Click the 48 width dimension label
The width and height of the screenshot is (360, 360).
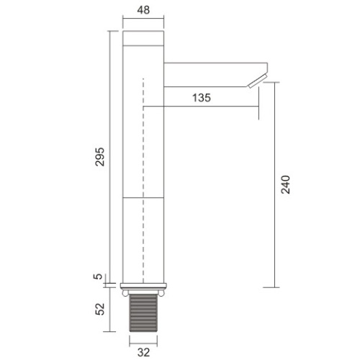tap(143, 10)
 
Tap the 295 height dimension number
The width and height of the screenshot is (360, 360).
tap(100, 157)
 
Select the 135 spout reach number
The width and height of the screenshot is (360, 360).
tap(202, 98)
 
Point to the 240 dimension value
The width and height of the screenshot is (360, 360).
tap(286, 184)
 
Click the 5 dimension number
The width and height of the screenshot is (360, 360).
tap(98, 276)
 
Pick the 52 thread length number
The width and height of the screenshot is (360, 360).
tap(100, 309)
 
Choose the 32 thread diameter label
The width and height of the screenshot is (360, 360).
tap(143, 352)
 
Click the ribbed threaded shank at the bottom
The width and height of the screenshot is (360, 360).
tap(143, 313)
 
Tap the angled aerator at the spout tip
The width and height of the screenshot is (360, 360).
tap(258, 81)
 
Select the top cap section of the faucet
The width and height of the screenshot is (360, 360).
tap(143, 38)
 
